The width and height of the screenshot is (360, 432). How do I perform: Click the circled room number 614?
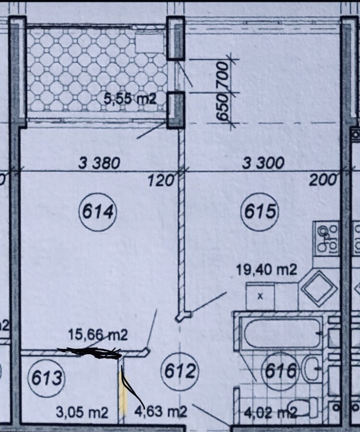[98, 212]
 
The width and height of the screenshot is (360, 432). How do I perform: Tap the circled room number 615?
[260, 212]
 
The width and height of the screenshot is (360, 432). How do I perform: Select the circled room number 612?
[180, 371]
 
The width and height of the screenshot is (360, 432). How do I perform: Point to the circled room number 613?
[46, 378]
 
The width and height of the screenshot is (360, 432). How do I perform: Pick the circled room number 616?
[281, 371]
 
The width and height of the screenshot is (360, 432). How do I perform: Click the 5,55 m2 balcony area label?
[130, 98]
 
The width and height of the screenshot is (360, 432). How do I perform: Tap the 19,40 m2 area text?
[266, 269]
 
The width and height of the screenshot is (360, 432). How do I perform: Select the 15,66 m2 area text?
[98, 335]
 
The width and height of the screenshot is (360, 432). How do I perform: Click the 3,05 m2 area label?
[82, 412]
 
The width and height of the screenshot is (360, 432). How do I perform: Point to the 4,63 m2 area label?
[161, 412]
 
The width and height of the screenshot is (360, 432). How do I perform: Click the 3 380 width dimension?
[99, 163]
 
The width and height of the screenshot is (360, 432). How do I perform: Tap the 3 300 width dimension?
[263, 163]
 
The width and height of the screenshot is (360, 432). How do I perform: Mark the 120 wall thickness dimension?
[161, 181]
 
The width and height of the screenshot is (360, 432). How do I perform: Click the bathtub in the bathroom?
[280, 333]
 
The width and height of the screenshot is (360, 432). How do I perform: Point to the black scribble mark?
[89, 353]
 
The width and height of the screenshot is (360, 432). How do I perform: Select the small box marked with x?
[260, 297]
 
